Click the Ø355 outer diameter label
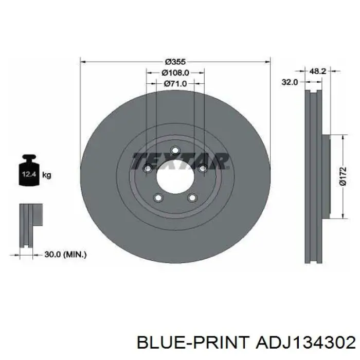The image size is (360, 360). click(175, 62)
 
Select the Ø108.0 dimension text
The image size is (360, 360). click(175, 73)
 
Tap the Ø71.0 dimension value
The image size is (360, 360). click(175, 84)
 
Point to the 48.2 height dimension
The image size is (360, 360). click(318, 71)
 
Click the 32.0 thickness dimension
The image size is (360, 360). click(290, 82)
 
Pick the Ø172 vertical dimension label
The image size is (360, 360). click(343, 176)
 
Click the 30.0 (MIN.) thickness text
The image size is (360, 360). click(65, 255)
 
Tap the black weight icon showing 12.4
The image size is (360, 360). click(29, 170)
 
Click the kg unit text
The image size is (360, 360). click(47, 175)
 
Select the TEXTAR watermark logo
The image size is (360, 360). click(181, 160)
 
